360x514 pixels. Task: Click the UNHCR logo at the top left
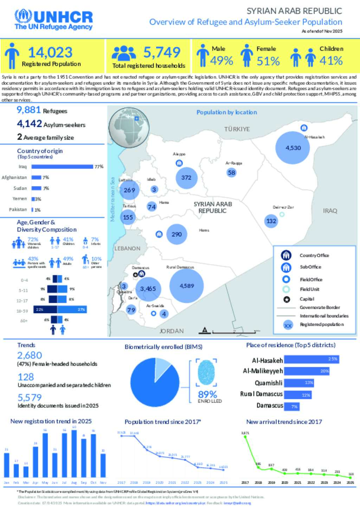(53, 20)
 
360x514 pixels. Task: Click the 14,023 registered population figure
(50, 53)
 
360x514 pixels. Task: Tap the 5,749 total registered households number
(162, 52)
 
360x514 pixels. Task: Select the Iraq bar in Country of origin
(62, 167)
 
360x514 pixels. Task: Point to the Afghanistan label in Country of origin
(14, 177)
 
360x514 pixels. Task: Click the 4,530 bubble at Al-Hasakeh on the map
(293, 148)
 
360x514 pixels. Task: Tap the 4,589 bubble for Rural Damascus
(187, 286)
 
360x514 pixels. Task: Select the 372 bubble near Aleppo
(186, 178)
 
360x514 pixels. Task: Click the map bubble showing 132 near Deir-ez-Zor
(271, 221)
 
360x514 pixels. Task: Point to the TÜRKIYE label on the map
(237, 129)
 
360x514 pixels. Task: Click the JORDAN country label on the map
(172, 331)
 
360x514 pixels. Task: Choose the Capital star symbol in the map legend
(287, 299)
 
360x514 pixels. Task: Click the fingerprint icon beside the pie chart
(206, 372)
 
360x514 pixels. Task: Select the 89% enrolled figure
(207, 394)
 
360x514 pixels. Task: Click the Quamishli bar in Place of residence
(299, 383)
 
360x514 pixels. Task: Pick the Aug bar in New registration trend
(74, 453)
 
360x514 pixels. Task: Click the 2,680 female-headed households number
(30, 355)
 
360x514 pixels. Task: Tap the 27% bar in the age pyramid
(72, 310)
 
